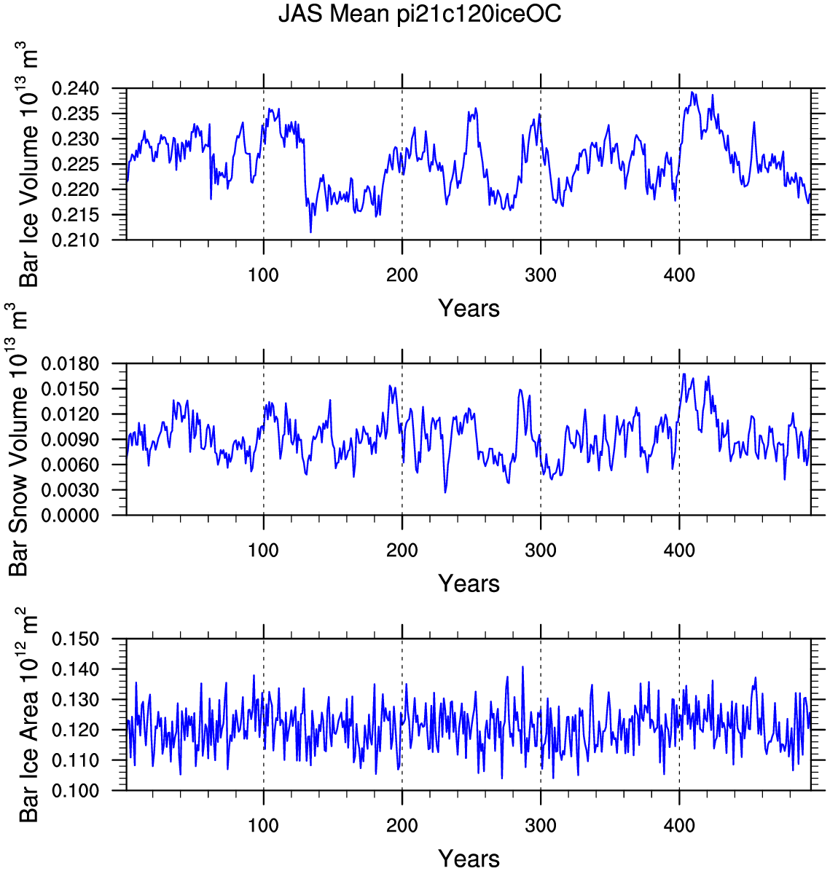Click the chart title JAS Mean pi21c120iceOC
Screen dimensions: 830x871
tap(420, 13)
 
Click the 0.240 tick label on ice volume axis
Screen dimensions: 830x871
tap(75, 88)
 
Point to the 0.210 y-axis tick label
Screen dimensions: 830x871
tap(75, 240)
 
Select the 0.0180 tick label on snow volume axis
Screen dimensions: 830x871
tap(70, 364)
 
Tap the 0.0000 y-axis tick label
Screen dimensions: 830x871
tap(70, 516)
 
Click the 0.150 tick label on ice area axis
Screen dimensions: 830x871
tap(75, 639)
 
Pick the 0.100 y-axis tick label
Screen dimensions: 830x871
tap(75, 790)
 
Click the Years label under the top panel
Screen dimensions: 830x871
tap(469, 308)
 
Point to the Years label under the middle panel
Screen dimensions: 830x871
tap(469, 583)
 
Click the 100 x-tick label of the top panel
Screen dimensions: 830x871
tap(264, 275)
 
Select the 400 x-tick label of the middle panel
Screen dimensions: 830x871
tap(679, 550)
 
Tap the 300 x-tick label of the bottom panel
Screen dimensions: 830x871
tap(541, 825)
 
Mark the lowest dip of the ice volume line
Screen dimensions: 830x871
tap(310, 232)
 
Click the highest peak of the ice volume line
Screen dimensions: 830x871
tap(692, 92)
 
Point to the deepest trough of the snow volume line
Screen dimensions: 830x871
tap(445, 492)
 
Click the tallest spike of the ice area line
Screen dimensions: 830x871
tap(522, 666)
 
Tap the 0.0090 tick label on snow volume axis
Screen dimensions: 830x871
tap(70, 439)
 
